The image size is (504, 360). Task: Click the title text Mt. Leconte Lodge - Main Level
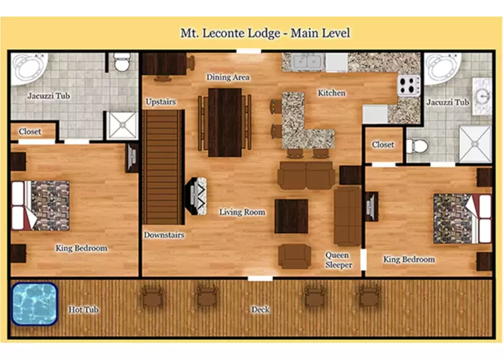[x=265, y=33]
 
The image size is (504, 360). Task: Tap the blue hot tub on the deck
[x=34, y=304]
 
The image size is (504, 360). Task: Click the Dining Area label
[x=228, y=78]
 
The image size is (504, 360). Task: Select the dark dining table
[x=225, y=122]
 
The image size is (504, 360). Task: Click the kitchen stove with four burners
[x=408, y=84]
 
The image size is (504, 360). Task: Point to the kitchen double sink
[x=305, y=62]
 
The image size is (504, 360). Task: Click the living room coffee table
[x=291, y=216]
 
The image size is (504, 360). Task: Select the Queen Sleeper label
[x=337, y=260]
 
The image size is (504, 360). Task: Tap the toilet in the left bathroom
[x=122, y=62]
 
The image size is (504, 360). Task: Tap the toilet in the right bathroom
[x=416, y=146]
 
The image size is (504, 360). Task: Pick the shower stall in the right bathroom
[x=475, y=144]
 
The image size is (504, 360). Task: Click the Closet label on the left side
[x=30, y=132]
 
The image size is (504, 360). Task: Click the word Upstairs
[x=160, y=102]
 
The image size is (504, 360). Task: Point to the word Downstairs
[x=163, y=235]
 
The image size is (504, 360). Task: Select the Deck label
[x=261, y=310]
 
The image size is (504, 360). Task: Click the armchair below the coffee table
[x=295, y=255]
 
